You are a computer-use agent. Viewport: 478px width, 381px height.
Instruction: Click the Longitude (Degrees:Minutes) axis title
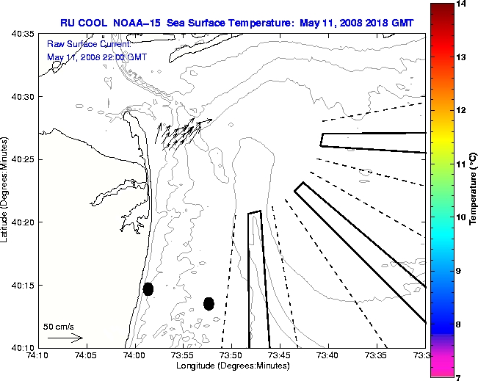pyautogui.click(x=231, y=366)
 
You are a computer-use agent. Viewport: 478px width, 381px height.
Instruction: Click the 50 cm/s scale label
pyautogui.click(x=59, y=326)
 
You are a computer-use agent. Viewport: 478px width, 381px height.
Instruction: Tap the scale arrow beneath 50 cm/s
pyautogui.click(x=65, y=338)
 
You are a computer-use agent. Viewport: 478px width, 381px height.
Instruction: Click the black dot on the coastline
pyautogui.click(x=148, y=289)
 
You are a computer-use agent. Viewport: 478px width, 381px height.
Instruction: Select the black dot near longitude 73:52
pyautogui.click(x=209, y=303)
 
